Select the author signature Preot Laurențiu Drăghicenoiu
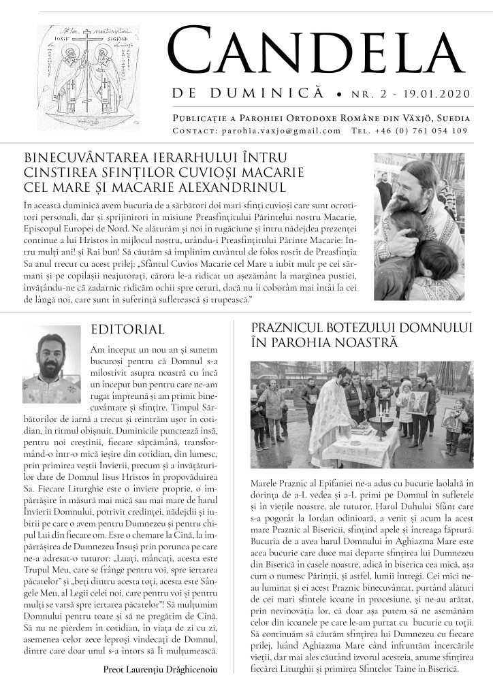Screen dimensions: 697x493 [x=160, y=670]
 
